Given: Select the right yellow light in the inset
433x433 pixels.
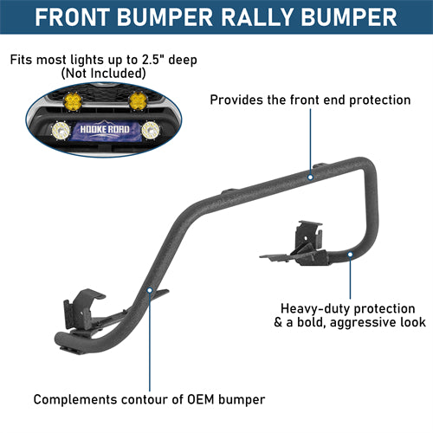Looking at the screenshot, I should click(138, 102).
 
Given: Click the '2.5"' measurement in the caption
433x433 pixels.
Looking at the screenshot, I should click(154, 60).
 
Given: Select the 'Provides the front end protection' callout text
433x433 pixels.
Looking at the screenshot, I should click(310, 100).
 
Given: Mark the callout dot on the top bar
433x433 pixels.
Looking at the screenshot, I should click(311, 177).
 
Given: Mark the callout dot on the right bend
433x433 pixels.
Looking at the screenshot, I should click(350, 254).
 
